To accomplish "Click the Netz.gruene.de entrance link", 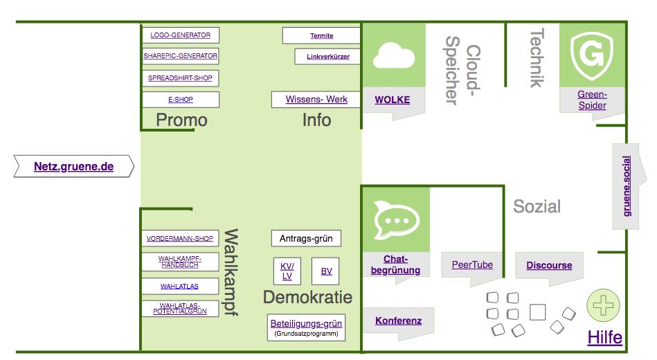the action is (74, 166).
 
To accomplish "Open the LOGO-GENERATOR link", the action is (180, 35).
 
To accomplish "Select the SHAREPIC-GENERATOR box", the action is (181, 56).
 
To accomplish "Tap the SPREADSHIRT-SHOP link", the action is (180, 78).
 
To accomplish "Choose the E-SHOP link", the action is (181, 100).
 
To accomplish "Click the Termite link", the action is (322, 36).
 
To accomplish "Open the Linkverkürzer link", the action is (328, 57).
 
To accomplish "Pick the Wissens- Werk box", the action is (316, 99).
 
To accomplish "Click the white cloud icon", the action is (394, 55).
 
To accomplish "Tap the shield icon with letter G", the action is (592, 55).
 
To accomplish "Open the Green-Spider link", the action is (592, 100).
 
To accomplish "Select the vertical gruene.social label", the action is (627, 186).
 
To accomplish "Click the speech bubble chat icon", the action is (396, 219).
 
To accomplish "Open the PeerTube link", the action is (472, 265).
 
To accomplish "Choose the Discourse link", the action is (549, 265).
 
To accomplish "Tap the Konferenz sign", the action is (399, 321).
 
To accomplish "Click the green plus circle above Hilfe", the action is (603, 305).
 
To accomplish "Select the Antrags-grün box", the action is (306, 238).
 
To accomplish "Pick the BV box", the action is (325, 271).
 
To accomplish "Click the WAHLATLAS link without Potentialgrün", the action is (179, 286).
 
